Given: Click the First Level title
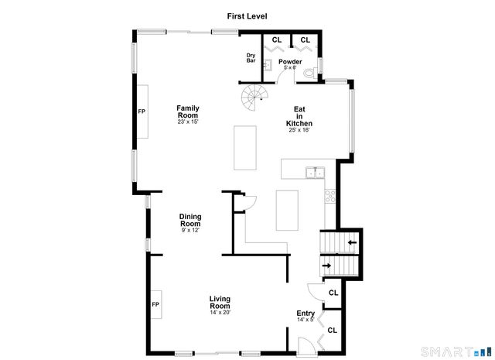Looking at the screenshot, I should click(x=247, y=15).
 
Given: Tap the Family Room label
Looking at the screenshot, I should click(x=188, y=111).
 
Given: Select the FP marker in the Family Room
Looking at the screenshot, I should click(x=142, y=111).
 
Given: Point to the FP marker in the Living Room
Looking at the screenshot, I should click(x=155, y=304).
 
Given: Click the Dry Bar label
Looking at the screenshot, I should click(x=251, y=57).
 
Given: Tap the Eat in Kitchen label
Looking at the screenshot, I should click(x=299, y=116).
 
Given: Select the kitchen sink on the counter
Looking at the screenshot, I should click(x=314, y=172).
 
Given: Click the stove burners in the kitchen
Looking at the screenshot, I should click(x=329, y=196).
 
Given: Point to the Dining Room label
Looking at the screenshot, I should click(x=190, y=220).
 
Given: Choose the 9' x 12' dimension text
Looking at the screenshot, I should click(x=190, y=230).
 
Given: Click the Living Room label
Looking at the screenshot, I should click(x=220, y=302).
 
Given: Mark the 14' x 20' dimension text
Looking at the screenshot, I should click(x=220, y=312).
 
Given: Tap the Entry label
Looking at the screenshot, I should click(x=306, y=314).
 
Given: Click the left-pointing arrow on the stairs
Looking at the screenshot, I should click(x=352, y=243).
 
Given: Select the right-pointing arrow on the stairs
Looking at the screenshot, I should click(x=326, y=266).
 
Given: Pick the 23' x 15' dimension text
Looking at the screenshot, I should click(x=188, y=122).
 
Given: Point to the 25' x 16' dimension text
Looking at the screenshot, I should click(x=299, y=130).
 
